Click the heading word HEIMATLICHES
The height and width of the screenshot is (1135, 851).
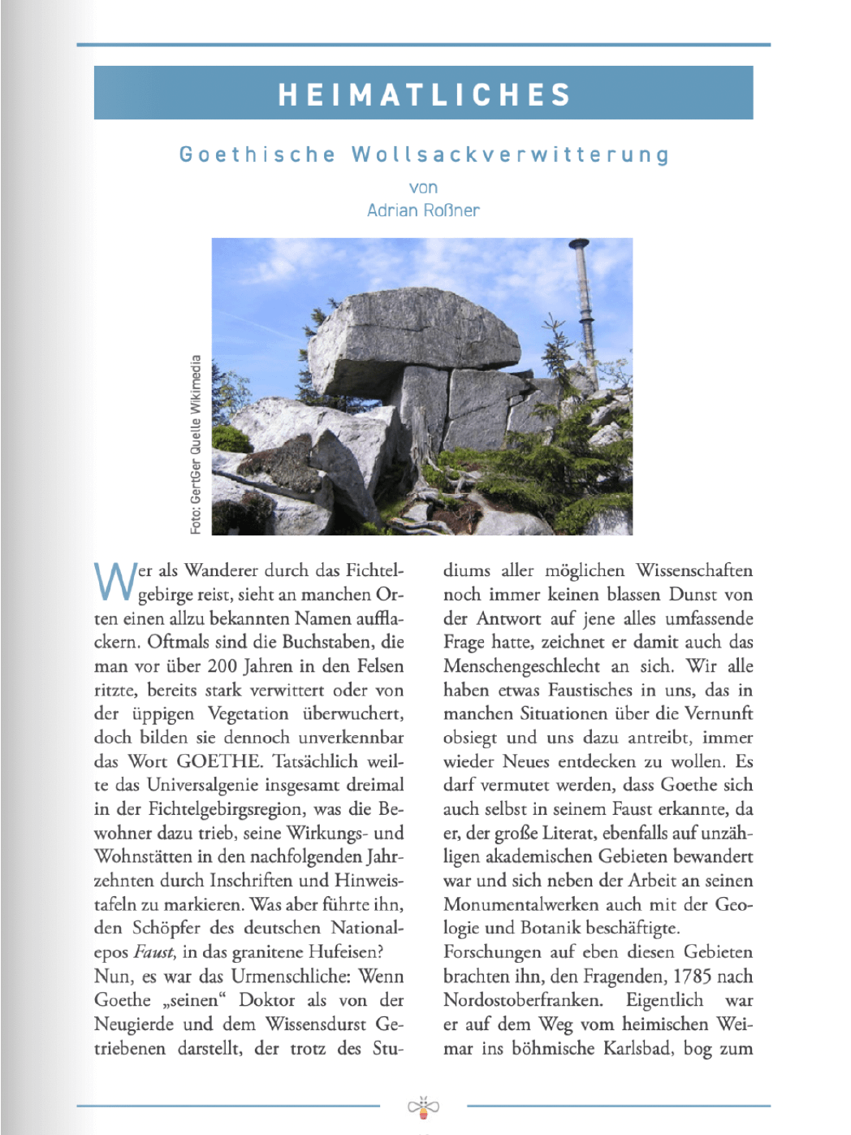[424, 94]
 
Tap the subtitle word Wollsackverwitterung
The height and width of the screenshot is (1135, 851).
[511, 154]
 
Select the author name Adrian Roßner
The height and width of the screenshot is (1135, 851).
[423, 210]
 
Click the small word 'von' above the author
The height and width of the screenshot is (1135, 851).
[423, 188]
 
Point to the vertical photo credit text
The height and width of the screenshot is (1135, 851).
[196, 444]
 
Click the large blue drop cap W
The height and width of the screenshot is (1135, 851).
[114, 583]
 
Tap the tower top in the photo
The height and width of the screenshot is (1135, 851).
[579, 245]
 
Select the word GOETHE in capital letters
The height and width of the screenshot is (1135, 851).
[219, 761]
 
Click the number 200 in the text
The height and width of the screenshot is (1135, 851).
[222, 666]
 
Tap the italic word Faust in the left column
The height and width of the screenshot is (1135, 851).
[154, 952]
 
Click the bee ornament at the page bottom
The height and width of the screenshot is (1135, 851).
[423, 1107]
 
